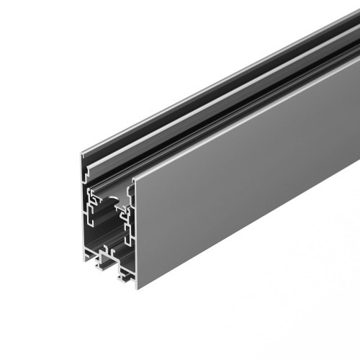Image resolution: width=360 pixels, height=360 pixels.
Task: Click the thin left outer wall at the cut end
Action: pyautogui.click(x=83, y=216)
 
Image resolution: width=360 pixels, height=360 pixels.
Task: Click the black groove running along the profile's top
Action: pyautogui.click(x=216, y=94)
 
